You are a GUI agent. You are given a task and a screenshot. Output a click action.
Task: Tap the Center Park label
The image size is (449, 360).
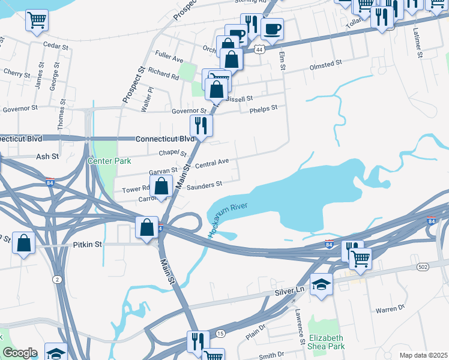pos(109,161)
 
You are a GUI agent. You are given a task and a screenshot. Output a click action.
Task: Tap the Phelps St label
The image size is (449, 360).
pos(264,109)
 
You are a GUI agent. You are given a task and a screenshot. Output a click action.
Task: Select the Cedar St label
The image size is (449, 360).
pos(56,46)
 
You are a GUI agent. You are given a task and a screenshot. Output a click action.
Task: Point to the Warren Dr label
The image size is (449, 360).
pos(391,309)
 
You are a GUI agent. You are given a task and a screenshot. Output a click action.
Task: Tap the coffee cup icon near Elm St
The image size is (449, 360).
pos(272,29)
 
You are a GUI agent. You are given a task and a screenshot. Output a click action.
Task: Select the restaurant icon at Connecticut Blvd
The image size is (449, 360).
pos(200,125)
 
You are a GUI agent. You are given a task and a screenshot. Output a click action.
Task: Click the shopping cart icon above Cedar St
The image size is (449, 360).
pos(36,20)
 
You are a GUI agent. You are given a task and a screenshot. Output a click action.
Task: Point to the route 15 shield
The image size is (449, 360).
pos(220,333)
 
